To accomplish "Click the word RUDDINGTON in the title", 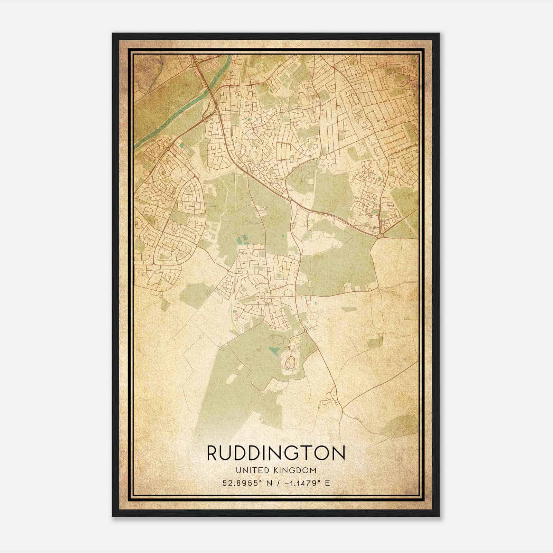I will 276,453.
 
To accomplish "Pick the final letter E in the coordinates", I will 328,483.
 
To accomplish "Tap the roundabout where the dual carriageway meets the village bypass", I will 289,199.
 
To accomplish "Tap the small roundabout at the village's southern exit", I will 306,331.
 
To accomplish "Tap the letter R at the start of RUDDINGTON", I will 212,453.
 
